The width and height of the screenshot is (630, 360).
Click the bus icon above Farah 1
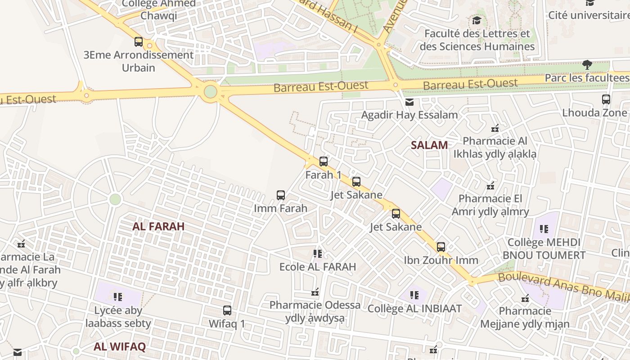(323, 162)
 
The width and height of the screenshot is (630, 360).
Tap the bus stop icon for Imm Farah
(281, 195)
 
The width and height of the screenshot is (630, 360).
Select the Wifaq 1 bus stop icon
(227, 310)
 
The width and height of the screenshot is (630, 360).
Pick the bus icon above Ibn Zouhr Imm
(441, 247)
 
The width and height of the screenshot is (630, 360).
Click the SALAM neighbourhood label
(429, 145)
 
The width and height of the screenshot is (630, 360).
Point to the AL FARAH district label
(158, 226)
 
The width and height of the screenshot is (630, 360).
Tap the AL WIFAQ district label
(120, 346)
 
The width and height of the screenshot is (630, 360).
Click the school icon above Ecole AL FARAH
(318, 254)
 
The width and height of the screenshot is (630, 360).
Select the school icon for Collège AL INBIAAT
(414, 296)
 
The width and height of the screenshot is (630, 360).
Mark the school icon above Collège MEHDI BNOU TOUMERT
(544, 229)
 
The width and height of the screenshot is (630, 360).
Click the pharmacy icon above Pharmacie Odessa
(315, 292)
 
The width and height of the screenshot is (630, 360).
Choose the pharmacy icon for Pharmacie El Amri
(490, 185)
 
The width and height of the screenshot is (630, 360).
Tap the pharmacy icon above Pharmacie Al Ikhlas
(495, 128)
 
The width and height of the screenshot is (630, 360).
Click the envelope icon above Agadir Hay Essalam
(409, 102)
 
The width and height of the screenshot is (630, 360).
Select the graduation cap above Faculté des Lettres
(477, 21)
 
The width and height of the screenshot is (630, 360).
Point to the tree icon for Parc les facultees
(587, 65)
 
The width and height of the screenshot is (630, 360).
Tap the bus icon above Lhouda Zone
(606, 99)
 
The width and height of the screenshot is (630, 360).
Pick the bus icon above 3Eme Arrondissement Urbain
(139, 42)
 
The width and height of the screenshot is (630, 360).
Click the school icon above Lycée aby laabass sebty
(118, 297)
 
